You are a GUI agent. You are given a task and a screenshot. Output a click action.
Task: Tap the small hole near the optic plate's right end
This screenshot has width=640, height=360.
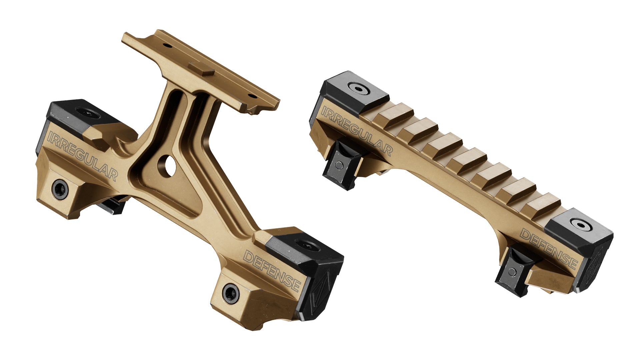coord(254,96)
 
